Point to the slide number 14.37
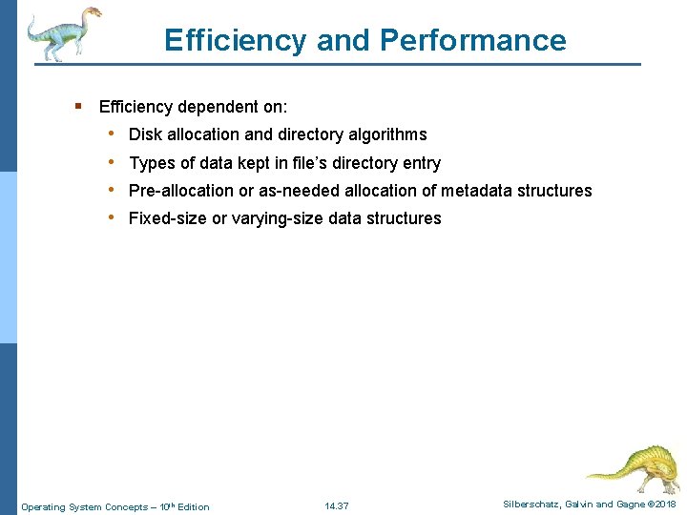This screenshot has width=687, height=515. click(x=337, y=505)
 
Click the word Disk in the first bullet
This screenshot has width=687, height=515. click(x=145, y=134)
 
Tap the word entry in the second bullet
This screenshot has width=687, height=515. click(x=420, y=163)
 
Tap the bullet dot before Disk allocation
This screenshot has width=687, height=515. click(x=113, y=134)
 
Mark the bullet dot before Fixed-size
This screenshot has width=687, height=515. click(x=113, y=217)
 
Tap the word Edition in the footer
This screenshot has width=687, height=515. click(x=193, y=506)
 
